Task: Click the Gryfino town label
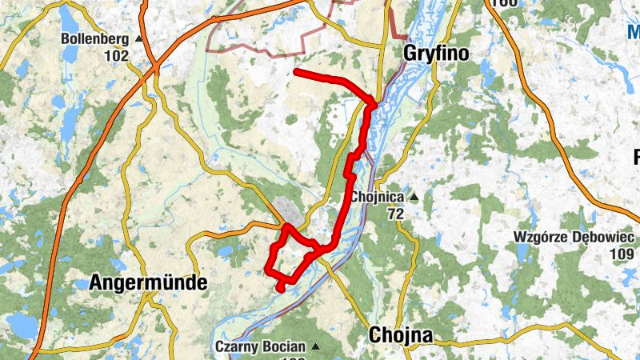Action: pos(434,54)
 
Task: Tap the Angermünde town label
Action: pos(148,282)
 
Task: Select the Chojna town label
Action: pos(401,335)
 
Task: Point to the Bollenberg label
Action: pos(95,38)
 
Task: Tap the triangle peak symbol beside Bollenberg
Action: pos(138,38)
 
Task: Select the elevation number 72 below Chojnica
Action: pos(395,214)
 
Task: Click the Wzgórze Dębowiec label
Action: pos(574,237)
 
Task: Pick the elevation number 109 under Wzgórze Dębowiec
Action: pos(621,254)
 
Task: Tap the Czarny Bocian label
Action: pos(261,347)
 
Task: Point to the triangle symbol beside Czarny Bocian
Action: pos(315,347)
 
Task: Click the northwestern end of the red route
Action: pos(296,72)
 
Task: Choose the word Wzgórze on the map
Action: pos(542,237)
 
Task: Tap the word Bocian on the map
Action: pos(284,347)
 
